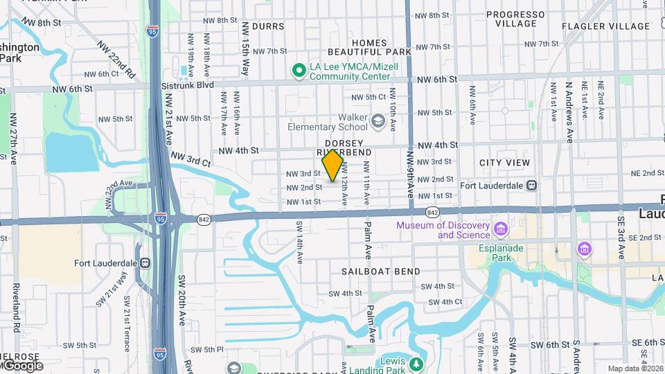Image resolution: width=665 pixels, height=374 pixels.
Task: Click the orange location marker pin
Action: click(333, 165)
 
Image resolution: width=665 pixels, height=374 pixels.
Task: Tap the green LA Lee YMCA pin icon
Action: click(299, 70)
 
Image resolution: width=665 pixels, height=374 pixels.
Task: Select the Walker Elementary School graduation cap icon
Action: click(378, 122)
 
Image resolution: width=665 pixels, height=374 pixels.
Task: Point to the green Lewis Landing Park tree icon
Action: click(416, 363)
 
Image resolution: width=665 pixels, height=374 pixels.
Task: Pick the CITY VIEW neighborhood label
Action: click(504, 163)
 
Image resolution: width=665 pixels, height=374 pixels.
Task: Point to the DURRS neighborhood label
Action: click(268, 26)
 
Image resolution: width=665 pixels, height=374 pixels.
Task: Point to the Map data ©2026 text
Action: click(635, 368)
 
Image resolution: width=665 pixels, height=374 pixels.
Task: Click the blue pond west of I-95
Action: click(81, 153)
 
